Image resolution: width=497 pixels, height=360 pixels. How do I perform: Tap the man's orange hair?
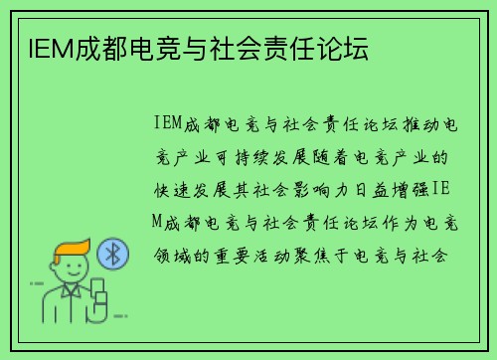71,248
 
